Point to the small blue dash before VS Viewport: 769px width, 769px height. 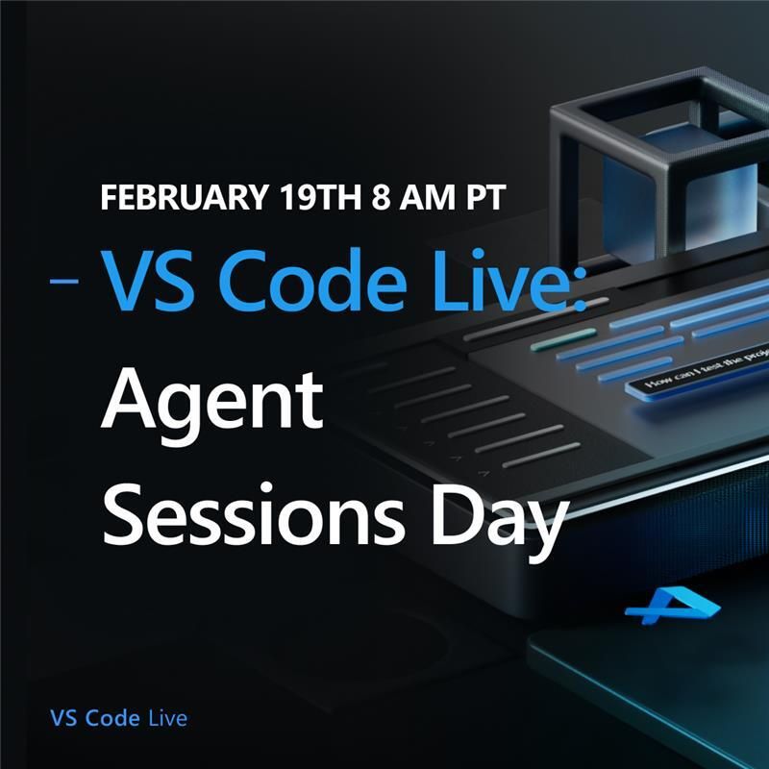(x=65, y=282)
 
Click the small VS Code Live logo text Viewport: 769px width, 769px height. (x=118, y=718)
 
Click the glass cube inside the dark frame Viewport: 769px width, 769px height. (x=663, y=178)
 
